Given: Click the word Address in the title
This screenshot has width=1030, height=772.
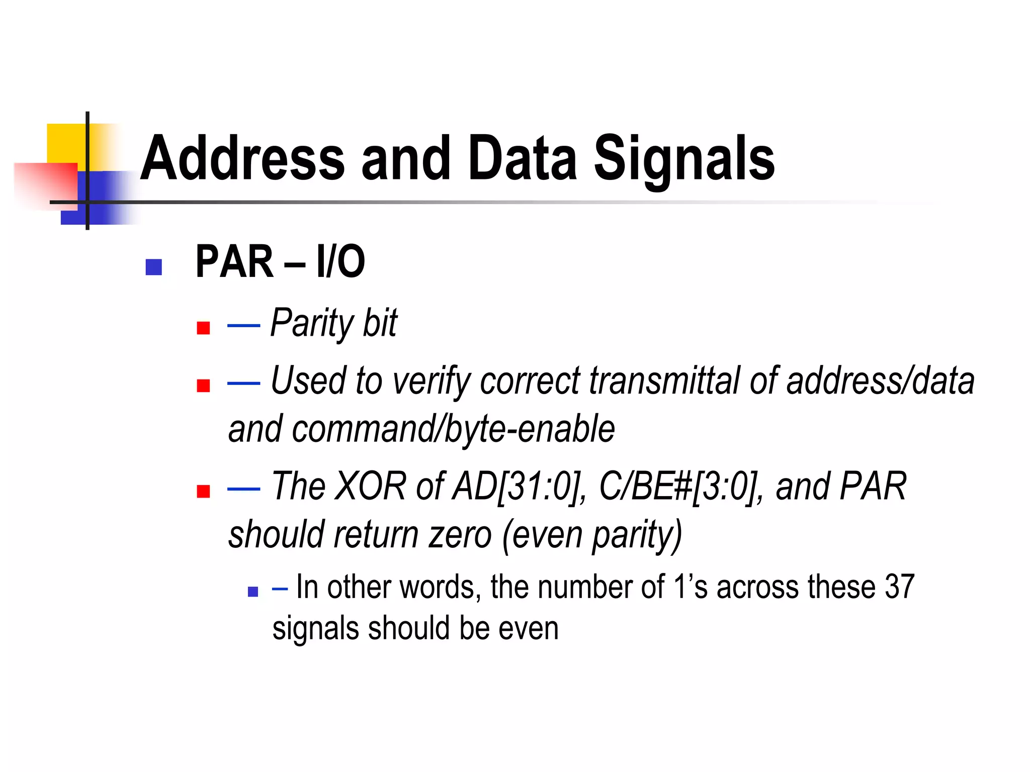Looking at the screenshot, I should [x=242, y=158].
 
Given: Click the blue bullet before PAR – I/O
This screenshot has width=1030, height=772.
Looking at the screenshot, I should [x=153, y=267].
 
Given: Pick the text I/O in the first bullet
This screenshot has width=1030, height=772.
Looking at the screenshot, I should [x=340, y=261].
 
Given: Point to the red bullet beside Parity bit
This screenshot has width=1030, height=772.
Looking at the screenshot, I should [x=203, y=328].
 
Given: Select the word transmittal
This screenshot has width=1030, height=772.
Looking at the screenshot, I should [x=664, y=380].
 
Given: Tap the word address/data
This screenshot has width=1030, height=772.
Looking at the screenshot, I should [x=880, y=380].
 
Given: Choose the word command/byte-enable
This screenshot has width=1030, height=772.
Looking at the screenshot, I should [x=453, y=429].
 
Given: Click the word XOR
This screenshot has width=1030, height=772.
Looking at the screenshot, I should [x=370, y=486].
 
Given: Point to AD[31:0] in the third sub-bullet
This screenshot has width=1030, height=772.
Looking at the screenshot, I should [x=519, y=487].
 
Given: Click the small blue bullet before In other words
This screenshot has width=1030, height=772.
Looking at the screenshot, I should [x=253, y=592].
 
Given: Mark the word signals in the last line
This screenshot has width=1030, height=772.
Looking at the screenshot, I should [x=315, y=629].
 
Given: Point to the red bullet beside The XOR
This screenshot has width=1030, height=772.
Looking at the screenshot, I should [x=203, y=491].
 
